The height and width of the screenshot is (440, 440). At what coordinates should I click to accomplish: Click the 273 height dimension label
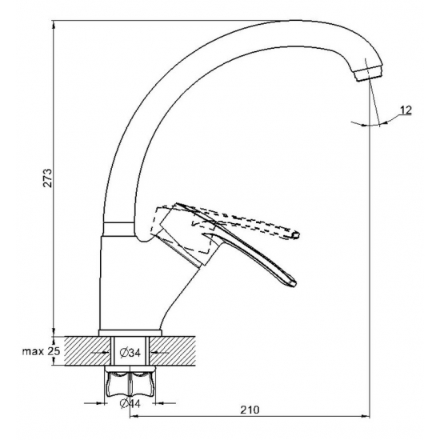[x=48, y=178]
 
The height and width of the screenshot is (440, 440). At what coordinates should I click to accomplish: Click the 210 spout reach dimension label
[x=250, y=410]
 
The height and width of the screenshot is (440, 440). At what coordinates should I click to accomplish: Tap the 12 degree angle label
[x=406, y=110]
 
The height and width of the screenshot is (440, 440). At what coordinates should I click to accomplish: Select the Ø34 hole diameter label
[x=130, y=353]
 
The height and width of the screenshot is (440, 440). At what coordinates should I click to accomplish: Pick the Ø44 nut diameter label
[x=130, y=403]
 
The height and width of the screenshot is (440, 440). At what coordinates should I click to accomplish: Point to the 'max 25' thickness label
[x=42, y=351]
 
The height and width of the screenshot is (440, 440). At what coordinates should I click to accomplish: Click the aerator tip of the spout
[x=368, y=74]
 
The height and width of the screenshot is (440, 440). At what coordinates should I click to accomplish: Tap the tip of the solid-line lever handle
[x=293, y=283]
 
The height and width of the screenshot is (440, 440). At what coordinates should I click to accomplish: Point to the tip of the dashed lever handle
[x=296, y=234]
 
